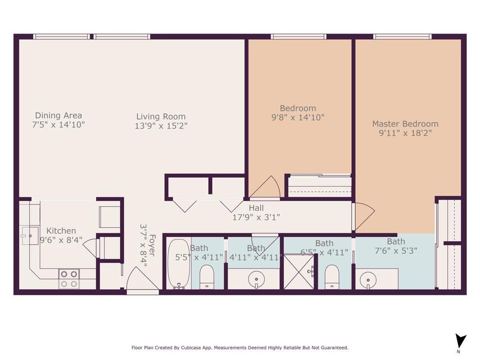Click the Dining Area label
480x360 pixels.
coord(59,115)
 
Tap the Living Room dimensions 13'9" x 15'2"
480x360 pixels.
coord(161,126)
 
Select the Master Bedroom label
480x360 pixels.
coord(405,124)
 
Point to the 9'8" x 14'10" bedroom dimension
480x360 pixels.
coord(298,117)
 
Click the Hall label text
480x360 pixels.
coord(256,208)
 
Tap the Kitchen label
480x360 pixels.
coord(61,231)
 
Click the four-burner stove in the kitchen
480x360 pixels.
coord(69,278)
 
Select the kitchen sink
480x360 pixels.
coord(30,236)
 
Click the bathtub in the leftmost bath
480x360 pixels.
coord(179,264)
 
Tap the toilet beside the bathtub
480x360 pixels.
coord(207,277)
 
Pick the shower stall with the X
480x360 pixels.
coord(299,271)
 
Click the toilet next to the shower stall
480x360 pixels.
coord(332,277)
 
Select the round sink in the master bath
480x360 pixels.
coord(368,279)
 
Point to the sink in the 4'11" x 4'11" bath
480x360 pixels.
coord(256,279)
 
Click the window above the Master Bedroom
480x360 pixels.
coord(402,37)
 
